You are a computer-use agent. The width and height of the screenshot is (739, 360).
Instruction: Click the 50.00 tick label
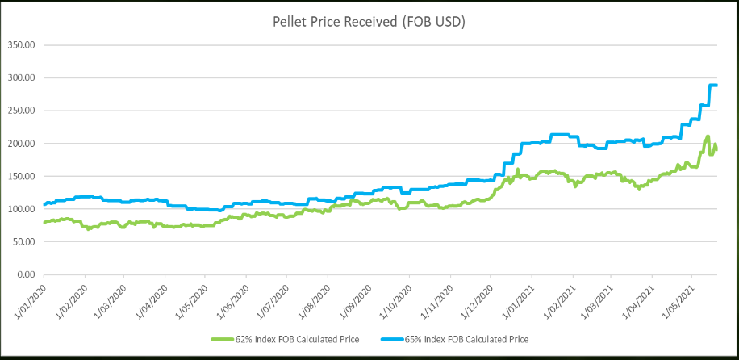tap(25, 242)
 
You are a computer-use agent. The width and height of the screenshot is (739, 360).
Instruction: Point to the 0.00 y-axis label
tap(27, 275)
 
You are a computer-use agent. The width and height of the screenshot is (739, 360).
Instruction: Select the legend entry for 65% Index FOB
tap(471, 338)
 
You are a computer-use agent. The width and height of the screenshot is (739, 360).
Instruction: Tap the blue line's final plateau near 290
tap(713, 86)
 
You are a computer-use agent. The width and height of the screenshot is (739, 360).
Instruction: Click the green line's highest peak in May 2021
tap(708, 137)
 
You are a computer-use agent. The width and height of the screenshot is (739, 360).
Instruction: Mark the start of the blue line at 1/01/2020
tap(44, 205)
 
